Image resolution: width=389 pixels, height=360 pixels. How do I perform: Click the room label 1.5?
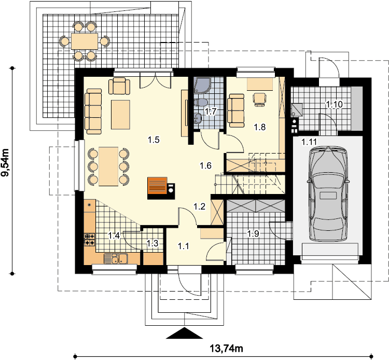(x=154, y=140)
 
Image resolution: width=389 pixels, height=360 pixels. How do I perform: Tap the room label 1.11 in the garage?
(x=309, y=142)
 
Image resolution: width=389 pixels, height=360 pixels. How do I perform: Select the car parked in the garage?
(x=328, y=194)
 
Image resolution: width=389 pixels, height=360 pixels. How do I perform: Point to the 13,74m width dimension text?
(x=227, y=349)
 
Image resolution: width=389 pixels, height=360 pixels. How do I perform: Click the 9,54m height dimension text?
(x=5, y=162)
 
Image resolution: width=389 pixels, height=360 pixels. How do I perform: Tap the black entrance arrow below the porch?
(x=184, y=333)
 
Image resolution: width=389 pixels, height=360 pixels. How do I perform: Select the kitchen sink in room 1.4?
(x=116, y=258)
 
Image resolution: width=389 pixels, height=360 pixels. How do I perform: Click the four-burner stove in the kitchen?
(x=90, y=240)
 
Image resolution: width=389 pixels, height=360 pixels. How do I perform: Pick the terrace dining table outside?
(x=85, y=41)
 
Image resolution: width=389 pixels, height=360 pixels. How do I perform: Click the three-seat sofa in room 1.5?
(x=93, y=112)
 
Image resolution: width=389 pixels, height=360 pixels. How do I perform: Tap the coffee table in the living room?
(x=120, y=115)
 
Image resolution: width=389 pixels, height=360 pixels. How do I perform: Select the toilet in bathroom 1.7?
(x=201, y=103)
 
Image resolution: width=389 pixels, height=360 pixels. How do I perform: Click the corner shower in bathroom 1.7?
(x=202, y=86)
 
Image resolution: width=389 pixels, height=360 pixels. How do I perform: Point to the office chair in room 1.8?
(x=260, y=99)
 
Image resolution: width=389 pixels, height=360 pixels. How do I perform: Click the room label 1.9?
(x=253, y=233)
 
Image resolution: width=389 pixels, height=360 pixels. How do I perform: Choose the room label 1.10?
(x=334, y=104)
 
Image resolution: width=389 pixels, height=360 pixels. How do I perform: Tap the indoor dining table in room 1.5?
(x=108, y=166)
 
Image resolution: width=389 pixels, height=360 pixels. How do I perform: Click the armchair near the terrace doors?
(x=119, y=86)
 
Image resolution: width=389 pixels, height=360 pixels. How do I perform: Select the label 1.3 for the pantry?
(x=152, y=243)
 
